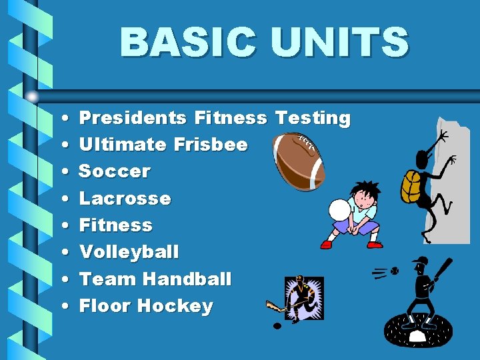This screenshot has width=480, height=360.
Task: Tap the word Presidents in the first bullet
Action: pos(133,118)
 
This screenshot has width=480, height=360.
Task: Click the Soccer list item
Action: pos(115,171)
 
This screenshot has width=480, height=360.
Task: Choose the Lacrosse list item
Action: pos(125,199)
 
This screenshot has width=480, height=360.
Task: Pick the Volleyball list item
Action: pos(129,252)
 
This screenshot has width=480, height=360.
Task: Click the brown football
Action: pos(299,161)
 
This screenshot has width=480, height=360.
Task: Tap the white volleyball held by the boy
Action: pos(341,210)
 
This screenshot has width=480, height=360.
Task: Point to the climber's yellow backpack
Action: pos(411,187)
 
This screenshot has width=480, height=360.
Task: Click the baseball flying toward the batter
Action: pos(393,271)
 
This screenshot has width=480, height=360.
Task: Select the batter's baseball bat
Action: pos(443,270)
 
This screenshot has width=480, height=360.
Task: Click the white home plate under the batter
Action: pos(417,336)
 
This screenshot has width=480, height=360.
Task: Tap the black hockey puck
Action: pos(277,326)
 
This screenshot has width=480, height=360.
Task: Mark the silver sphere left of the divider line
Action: pos(32,97)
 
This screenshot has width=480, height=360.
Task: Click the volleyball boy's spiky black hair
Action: pos(366,189)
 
